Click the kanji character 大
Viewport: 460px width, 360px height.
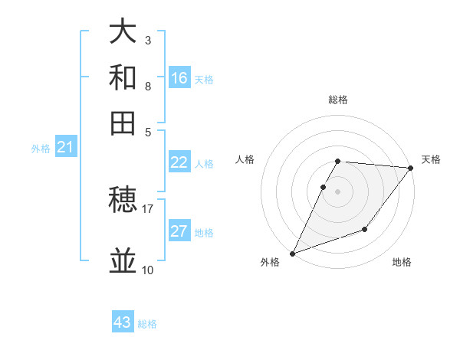point(123,31)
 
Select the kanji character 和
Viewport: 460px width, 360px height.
point(123,77)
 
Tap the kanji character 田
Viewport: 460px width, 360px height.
point(123,123)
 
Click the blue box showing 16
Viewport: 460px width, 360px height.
point(179,78)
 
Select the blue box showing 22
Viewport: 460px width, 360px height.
point(179,162)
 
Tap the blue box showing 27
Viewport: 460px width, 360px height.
point(179,231)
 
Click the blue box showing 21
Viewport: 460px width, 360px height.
point(65,147)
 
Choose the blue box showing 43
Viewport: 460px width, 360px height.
point(123,322)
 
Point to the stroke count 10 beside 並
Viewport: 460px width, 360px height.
point(147,270)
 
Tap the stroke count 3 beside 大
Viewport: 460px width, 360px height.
point(147,40)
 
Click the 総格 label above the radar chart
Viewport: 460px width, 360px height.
point(337,100)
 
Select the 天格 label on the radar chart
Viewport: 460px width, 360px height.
point(431,159)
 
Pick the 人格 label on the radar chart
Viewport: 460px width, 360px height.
point(245,159)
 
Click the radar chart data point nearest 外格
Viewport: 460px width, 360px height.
point(292,253)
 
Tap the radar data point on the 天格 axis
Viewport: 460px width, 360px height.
point(411,167)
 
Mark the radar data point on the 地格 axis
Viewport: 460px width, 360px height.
point(366,229)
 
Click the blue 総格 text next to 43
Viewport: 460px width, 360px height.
point(147,324)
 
